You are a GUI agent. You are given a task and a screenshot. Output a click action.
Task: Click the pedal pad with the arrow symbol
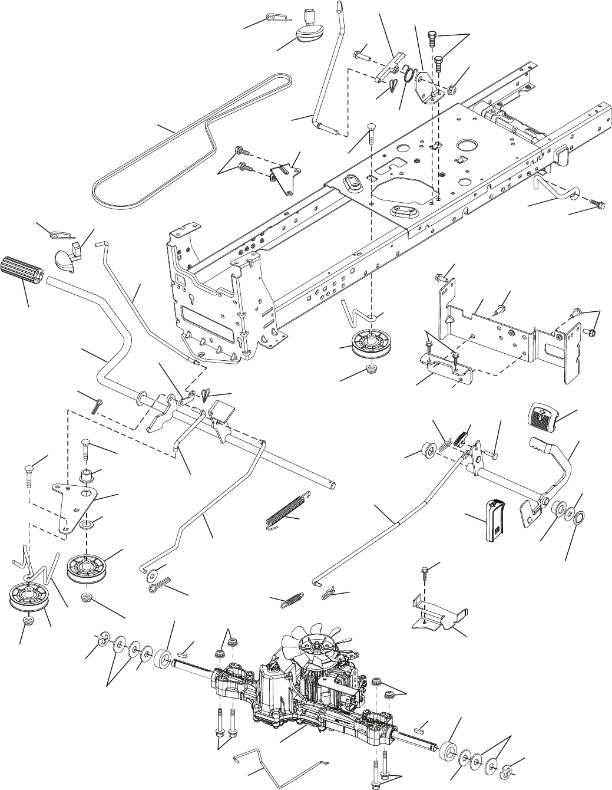pos(540,416)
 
